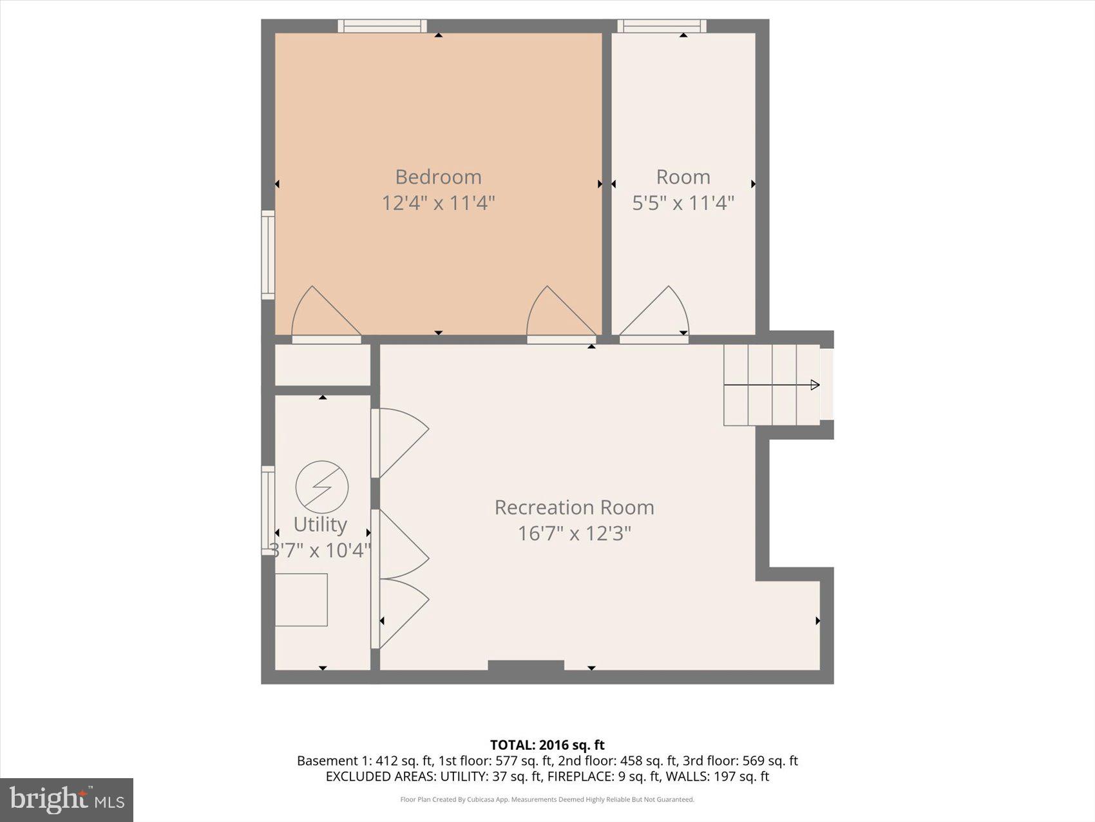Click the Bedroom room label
click(438, 177)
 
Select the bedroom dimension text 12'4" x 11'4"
click(438, 203)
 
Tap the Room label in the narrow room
click(683, 177)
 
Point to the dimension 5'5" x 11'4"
click(683, 203)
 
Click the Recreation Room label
click(574, 507)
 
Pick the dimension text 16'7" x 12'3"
click(574, 534)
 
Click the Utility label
click(320, 524)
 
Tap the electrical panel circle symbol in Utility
click(322, 487)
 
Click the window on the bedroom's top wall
click(383, 26)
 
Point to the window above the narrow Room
click(662, 26)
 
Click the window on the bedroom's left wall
click(268, 255)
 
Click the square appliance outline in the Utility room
click(301, 600)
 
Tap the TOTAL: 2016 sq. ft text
click(547, 745)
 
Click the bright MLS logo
click(67, 799)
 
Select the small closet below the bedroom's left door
click(322, 365)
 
